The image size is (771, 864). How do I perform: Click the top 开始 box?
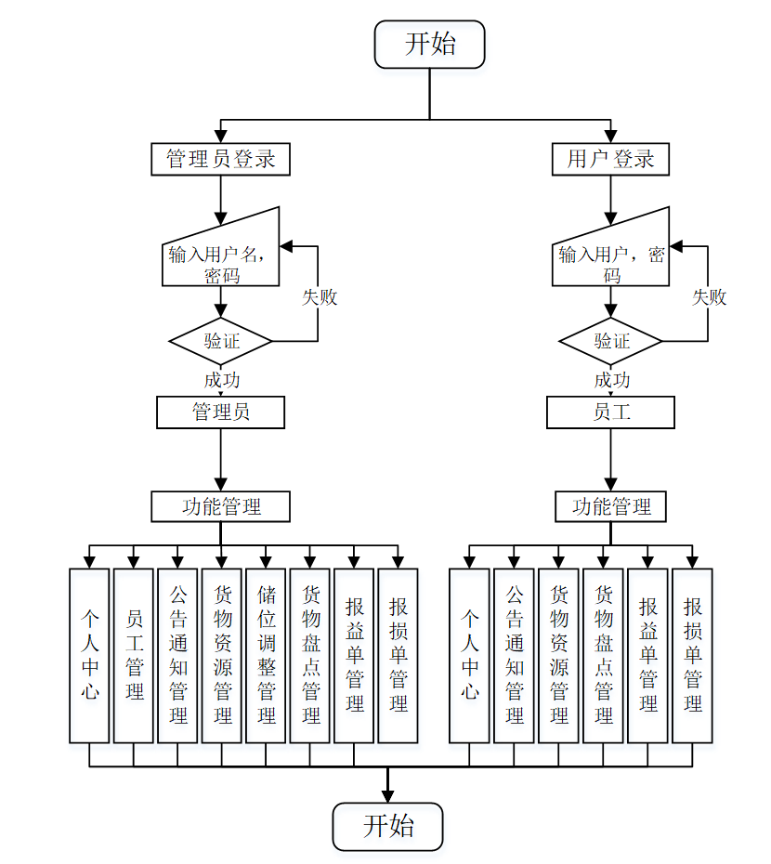tap(429, 45)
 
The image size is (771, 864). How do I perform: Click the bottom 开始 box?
tap(388, 826)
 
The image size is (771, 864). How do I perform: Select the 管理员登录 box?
tap(220, 159)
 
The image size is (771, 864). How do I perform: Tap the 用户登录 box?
tap(610, 159)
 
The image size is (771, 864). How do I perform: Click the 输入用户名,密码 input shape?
tap(220, 259)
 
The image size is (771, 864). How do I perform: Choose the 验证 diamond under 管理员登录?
tap(220, 341)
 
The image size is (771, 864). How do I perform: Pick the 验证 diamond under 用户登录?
tap(610, 341)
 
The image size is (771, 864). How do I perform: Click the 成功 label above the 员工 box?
tap(611, 380)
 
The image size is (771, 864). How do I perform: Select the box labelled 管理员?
tap(220, 412)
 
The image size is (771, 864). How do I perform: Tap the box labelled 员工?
tap(610, 412)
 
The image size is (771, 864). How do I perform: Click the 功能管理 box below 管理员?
tap(220, 506)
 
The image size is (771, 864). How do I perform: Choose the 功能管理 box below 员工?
tap(610, 506)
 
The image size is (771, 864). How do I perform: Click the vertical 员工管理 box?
tap(134, 655)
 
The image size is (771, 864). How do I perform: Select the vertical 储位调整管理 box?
tap(266, 655)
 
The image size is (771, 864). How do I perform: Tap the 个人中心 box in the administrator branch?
tap(89, 655)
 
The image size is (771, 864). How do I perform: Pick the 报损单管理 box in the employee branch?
tap(692, 655)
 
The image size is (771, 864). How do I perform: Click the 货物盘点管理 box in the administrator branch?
tap(310, 655)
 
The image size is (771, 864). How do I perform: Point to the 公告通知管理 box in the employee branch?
tap(514, 655)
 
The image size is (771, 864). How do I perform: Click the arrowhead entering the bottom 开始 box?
tap(388, 795)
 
